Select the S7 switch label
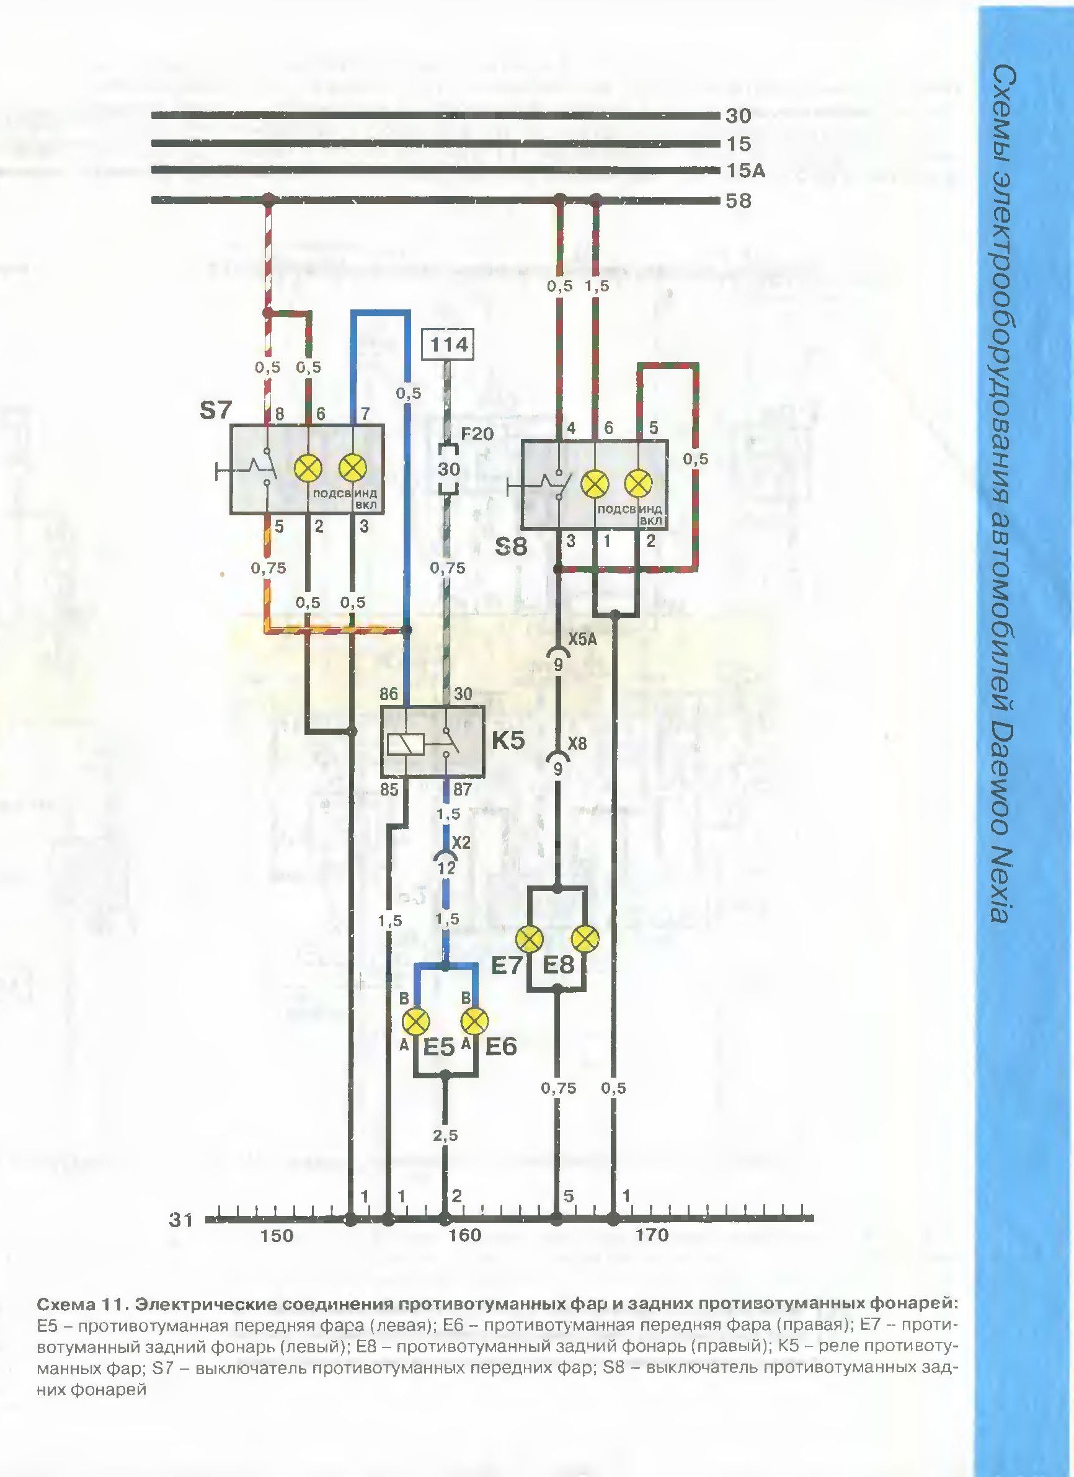[x=216, y=412]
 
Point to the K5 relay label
[x=508, y=742]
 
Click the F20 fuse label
[x=478, y=433]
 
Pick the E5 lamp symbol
[x=417, y=1021]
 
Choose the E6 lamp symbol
[x=475, y=1021]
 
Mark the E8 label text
[x=558, y=964]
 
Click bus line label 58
[x=738, y=200]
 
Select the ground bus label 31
[x=181, y=1220]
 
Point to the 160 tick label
[x=465, y=1235]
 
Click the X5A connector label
[x=582, y=641]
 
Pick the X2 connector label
[x=461, y=842]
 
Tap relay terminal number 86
[x=389, y=694]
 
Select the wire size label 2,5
[x=445, y=1135]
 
